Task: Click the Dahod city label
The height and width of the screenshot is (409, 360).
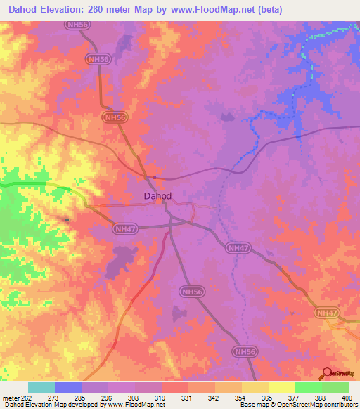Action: pyautogui.click(x=157, y=197)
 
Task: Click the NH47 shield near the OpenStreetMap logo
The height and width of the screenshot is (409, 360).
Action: pyautogui.click(x=327, y=312)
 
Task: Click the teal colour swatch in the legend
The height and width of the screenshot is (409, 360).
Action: pyautogui.click(x=41, y=387)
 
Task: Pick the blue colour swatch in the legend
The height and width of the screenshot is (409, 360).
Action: pyautogui.click(x=68, y=387)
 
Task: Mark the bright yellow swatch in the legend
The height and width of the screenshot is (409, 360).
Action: pyautogui.click(x=282, y=387)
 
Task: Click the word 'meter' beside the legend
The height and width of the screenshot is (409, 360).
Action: pyautogui.click(x=10, y=398)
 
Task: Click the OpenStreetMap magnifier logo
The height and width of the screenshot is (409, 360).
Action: pyautogui.click(x=327, y=373)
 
